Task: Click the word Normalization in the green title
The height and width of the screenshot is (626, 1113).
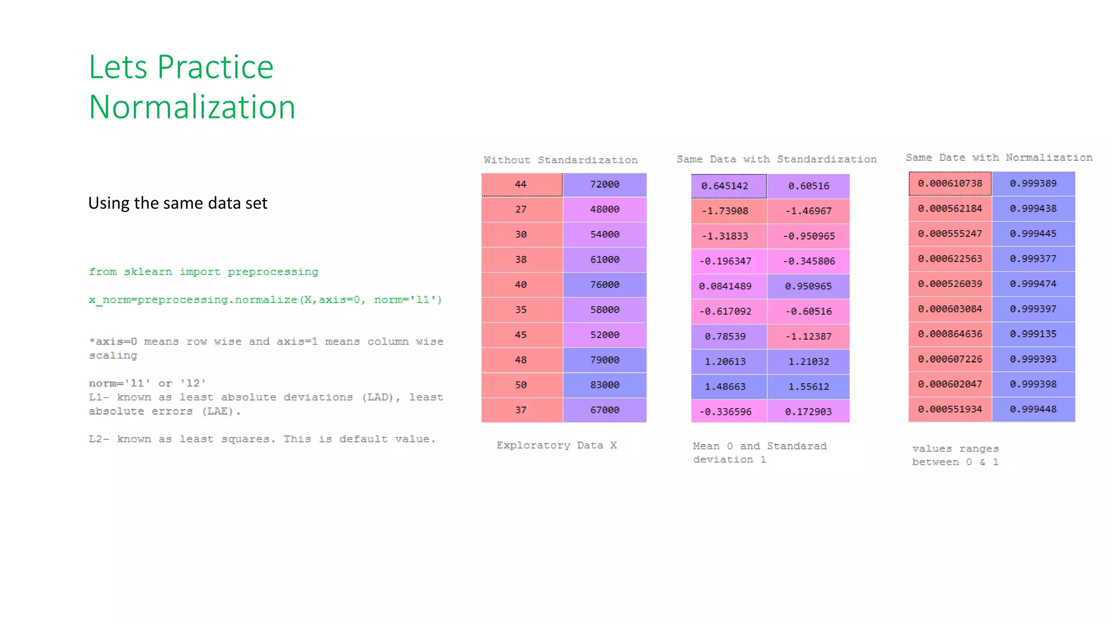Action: point(192,107)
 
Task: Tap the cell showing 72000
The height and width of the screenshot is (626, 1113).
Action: point(604,184)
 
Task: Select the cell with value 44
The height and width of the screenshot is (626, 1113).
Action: point(521,184)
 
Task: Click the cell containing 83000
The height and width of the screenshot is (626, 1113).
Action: point(604,385)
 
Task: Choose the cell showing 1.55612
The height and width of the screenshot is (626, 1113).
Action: point(808,386)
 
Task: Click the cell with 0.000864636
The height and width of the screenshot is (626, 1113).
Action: point(949,334)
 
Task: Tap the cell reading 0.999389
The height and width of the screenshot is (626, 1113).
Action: point(1033,183)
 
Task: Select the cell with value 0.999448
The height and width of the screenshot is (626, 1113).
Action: point(1033,409)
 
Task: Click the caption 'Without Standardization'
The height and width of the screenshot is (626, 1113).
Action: point(560,160)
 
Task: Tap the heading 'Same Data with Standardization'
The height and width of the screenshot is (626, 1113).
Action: point(776,159)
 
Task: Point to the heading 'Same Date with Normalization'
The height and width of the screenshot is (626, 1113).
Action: point(998,158)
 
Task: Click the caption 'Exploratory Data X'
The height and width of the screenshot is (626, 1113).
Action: point(556,445)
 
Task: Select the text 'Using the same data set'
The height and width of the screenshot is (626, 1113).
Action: point(178,203)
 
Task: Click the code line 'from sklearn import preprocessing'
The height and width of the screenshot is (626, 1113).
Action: point(203,272)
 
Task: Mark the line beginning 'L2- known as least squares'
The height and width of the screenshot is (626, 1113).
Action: point(262,439)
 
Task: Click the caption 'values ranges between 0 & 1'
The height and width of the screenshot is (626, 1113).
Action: point(955,455)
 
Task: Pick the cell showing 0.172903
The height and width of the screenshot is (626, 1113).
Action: point(808,411)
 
